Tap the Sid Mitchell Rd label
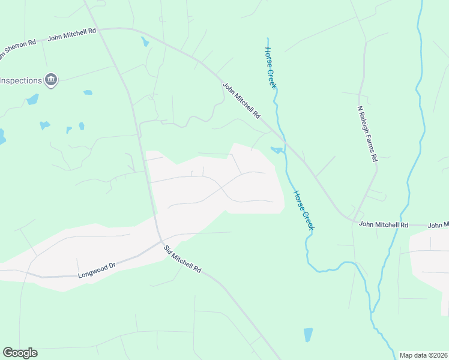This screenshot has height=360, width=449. pyautogui.click(x=182, y=259)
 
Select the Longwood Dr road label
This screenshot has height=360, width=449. pyautogui.click(x=96, y=275)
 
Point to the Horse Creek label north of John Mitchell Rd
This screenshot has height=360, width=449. pyautogui.click(x=271, y=68)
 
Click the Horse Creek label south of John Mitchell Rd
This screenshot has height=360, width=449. pyautogui.click(x=304, y=210)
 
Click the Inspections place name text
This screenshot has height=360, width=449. pyautogui.click(x=20, y=80)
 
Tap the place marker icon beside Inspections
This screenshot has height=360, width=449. pyautogui.click(x=51, y=80)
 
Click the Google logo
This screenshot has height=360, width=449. pyautogui.click(x=20, y=353)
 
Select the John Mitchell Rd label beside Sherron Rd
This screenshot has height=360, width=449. pyautogui.click(x=72, y=34)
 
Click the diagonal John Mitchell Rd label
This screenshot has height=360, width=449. pyautogui.click(x=242, y=100)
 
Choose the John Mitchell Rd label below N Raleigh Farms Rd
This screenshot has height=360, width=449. pyautogui.click(x=384, y=224)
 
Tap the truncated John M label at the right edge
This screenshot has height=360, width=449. pyautogui.click(x=438, y=226)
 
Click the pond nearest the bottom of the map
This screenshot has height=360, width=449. pyautogui.click(x=309, y=335)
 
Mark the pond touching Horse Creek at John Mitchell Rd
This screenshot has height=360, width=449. pyautogui.click(x=277, y=149)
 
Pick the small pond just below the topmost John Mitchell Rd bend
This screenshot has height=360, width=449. pyautogui.click(x=145, y=42)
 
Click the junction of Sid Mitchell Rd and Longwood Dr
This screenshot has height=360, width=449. pyautogui.click(x=160, y=241)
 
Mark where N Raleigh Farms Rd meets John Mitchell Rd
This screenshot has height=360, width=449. pyautogui.click(x=355, y=220)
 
